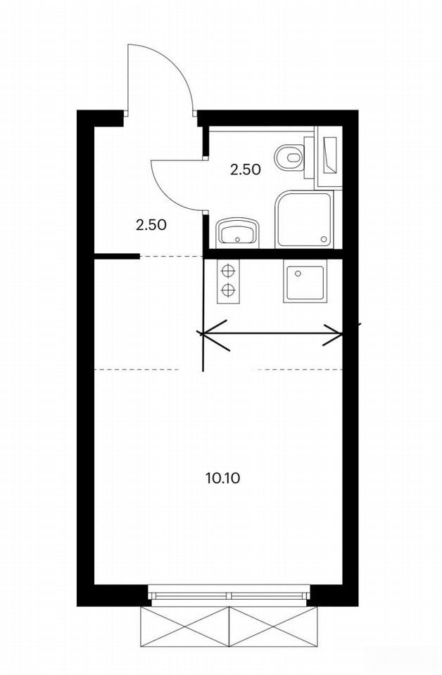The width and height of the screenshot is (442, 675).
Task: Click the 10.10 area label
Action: pyautogui.click(x=222, y=478)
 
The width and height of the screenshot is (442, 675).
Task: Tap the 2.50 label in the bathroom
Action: pyautogui.click(x=246, y=170)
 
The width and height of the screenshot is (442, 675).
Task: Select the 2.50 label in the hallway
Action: pyautogui.click(x=151, y=225)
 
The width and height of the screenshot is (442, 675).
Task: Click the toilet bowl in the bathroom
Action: pyautogui.click(x=289, y=156)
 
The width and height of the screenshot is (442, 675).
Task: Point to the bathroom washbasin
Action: pyautogui.click(x=236, y=233)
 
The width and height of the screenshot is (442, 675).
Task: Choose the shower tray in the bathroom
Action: pyautogui.click(x=305, y=220)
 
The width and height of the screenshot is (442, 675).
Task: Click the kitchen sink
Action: pyautogui.click(x=304, y=284)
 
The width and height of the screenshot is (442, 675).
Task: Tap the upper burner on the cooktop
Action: pyautogui.click(x=228, y=271)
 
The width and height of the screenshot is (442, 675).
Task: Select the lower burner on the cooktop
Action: pyautogui.click(x=228, y=291)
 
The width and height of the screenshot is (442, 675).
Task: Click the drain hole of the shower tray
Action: pyautogui.click(x=324, y=239)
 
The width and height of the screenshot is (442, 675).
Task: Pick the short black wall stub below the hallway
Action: pyautogui.click(x=117, y=256)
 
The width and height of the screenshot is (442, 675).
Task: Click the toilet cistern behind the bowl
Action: pyautogui.click(x=308, y=157)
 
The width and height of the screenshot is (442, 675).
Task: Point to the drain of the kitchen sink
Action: pyautogui.click(x=297, y=273)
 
